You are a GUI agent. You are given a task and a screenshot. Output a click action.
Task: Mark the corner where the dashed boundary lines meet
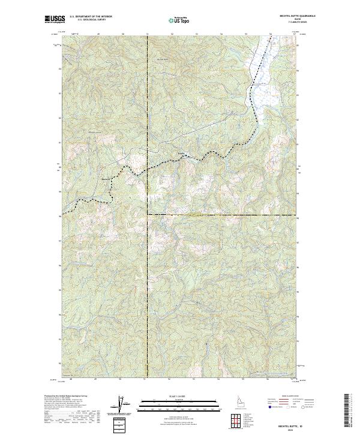[x=148, y=214]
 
